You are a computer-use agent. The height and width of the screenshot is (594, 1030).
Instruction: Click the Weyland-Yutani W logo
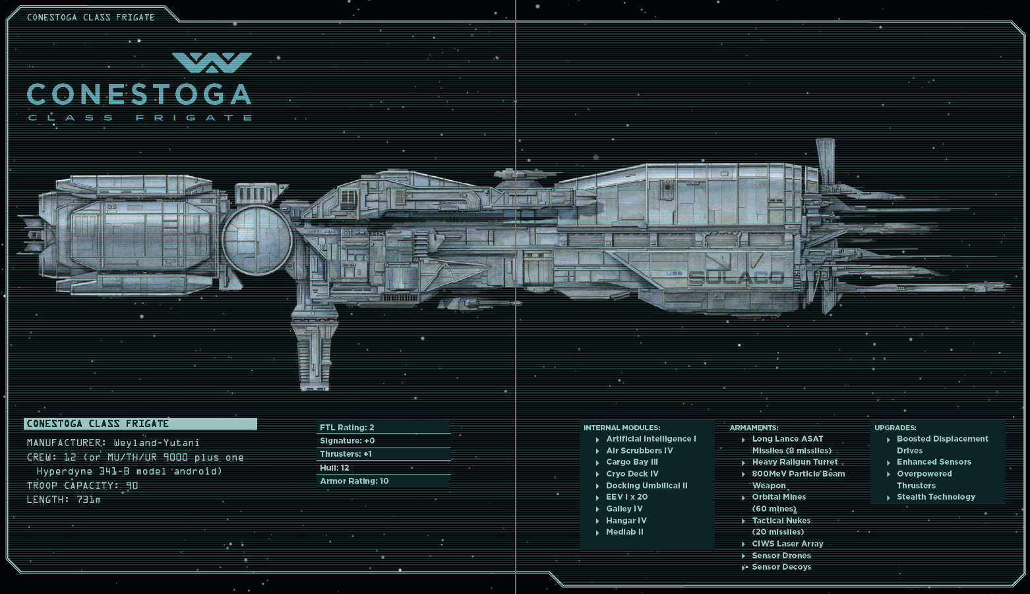click(x=212, y=63)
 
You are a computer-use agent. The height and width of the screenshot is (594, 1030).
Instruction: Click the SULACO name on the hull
click(x=736, y=278)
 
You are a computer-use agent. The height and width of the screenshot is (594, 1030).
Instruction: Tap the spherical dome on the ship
click(x=257, y=240)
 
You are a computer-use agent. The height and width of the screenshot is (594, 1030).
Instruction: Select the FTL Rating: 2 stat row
click(x=347, y=428)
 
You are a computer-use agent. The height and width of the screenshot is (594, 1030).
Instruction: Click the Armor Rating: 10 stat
click(x=354, y=481)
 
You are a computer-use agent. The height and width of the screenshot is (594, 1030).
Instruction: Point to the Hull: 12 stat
click(x=334, y=468)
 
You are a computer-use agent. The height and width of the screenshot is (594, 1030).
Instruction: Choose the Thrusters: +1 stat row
click(x=346, y=454)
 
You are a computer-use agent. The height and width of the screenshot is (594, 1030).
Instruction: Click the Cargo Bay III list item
click(x=632, y=462)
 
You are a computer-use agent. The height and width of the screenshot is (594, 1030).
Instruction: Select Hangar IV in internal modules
click(x=626, y=521)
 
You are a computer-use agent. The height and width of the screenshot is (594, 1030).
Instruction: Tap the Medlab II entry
click(x=624, y=532)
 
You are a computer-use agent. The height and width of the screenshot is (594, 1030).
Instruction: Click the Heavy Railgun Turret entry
click(x=795, y=462)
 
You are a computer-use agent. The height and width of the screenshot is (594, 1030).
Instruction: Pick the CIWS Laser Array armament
click(x=787, y=544)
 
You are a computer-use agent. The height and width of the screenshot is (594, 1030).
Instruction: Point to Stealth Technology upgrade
click(x=936, y=497)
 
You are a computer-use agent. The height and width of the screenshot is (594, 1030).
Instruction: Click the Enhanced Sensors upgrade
click(x=934, y=462)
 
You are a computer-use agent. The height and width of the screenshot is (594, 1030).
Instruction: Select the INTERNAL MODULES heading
click(x=622, y=428)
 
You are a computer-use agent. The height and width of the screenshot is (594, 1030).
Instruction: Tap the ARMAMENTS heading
click(x=754, y=428)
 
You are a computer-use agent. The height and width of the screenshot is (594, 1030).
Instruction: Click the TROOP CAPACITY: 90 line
click(x=82, y=486)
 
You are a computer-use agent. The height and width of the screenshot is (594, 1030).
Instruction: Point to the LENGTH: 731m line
click(x=64, y=500)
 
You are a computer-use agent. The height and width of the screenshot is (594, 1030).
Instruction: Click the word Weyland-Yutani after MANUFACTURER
click(x=156, y=443)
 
